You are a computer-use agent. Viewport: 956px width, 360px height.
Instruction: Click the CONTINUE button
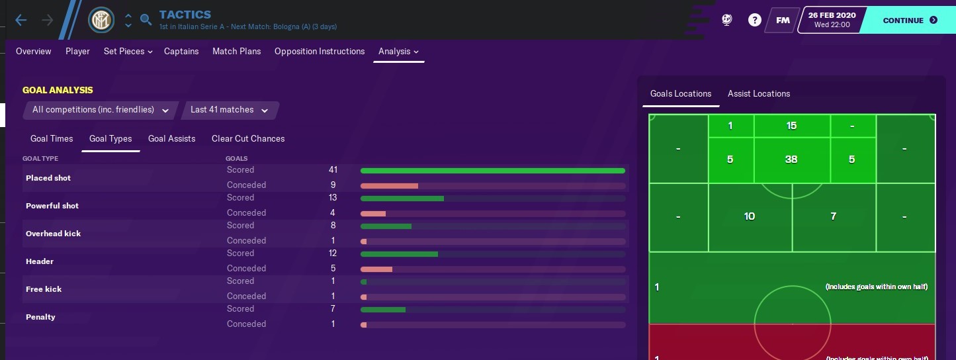[x=910, y=21]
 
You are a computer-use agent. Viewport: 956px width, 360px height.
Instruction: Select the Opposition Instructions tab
[x=320, y=52]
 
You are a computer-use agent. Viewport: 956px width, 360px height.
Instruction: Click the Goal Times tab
[x=52, y=139]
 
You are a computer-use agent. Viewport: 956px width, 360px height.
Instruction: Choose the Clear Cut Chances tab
[x=248, y=139]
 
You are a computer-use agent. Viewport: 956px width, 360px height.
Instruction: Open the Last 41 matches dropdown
[x=229, y=110]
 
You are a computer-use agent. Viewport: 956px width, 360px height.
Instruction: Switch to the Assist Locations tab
[x=759, y=94]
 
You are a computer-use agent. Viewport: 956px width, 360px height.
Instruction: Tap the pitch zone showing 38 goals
[x=791, y=159]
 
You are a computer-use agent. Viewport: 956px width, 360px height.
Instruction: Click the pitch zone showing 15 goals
[x=791, y=126]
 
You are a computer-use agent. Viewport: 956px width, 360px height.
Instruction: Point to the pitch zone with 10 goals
[x=750, y=216]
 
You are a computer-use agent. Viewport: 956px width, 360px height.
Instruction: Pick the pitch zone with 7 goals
[x=834, y=216]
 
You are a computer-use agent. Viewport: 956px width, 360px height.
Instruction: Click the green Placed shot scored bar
[x=492, y=171]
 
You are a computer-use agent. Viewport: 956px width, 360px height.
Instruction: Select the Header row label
[x=40, y=261]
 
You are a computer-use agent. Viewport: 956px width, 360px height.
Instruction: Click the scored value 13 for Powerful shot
[x=333, y=198]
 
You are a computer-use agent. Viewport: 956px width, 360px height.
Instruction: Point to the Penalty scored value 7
[x=333, y=309]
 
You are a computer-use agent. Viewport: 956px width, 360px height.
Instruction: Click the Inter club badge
[x=102, y=21]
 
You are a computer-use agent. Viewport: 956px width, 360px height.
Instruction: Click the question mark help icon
[x=755, y=21]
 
